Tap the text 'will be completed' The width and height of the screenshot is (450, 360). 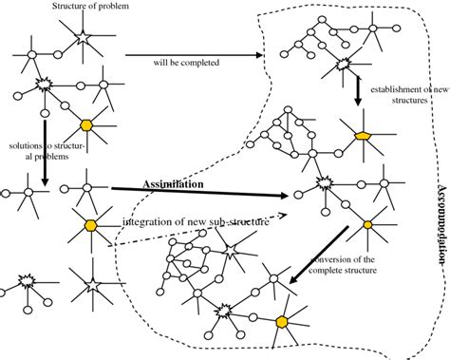[189, 64]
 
